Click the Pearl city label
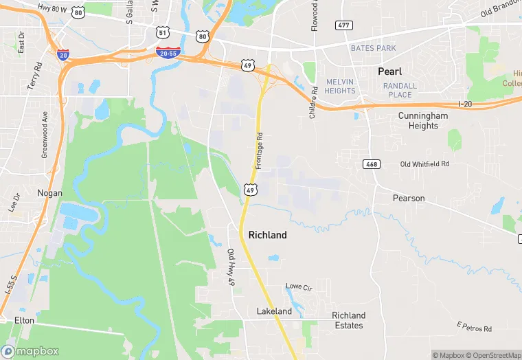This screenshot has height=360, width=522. click(x=389, y=71)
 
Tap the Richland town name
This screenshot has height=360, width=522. click(x=267, y=235)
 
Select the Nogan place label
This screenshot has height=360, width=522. click(x=49, y=194)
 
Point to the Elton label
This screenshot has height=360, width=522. click(x=24, y=321)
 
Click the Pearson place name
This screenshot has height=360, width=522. click(x=409, y=199)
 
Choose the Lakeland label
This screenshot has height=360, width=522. click(x=274, y=311)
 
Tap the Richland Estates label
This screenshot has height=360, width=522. click(x=348, y=320)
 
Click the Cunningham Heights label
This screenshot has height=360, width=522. click(x=422, y=121)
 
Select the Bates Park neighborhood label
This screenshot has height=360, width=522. click(x=373, y=49)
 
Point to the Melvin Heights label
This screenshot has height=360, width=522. click(x=340, y=86)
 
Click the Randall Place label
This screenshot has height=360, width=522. click(x=398, y=90)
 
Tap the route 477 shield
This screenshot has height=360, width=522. click(x=344, y=25)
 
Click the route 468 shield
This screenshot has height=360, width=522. click(x=371, y=165)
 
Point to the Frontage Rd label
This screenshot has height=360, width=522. click(x=260, y=151)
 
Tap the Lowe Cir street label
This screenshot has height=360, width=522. click(x=298, y=286)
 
